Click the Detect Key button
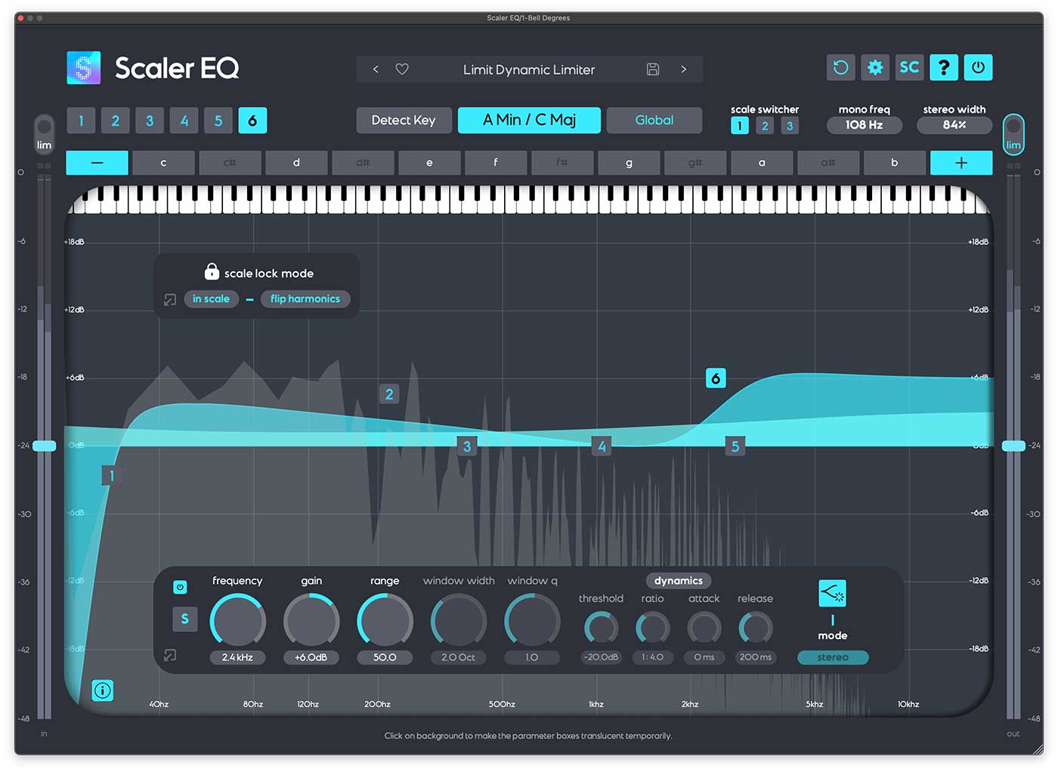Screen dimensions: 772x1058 click(404, 120)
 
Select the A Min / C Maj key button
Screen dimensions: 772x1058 click(529, 120)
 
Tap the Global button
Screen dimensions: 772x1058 click(654, 120)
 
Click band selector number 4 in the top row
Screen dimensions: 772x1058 click(184, 121)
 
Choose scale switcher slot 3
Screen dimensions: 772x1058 click(790, 126)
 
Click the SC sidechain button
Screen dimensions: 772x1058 click(909, 67)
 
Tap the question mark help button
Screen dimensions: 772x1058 click(944, 67)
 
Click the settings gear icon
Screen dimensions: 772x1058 click(875, 67)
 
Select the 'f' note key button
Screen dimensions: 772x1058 click(496, 162)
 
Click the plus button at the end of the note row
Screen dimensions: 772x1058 click(961, 162)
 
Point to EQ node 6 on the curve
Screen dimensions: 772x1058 click(715, 378)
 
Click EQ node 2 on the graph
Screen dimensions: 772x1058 click(389, 394)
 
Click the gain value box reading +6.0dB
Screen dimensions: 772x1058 click(311, 657)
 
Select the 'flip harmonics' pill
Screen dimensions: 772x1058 click(305, 299)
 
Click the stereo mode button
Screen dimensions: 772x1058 click(832, 657)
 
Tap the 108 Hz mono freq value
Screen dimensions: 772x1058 click(864, 125)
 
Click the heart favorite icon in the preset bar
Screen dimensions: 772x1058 click(402, 69)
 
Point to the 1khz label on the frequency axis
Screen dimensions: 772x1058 click(596, 704)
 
